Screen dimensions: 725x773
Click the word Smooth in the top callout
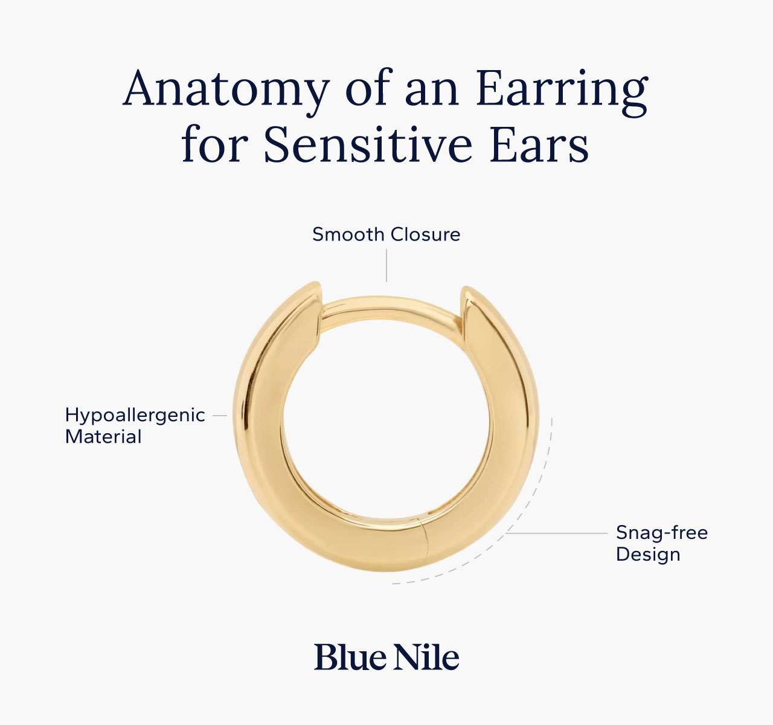click(348, 234)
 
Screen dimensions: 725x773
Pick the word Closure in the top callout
click(425, 234)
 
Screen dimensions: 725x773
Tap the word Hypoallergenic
click(135, 416)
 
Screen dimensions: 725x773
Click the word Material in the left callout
click(103, 437)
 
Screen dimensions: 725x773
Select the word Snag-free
click(661, 533)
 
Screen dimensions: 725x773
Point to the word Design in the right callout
click(647, 554)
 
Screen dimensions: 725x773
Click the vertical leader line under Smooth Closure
click(386, 266)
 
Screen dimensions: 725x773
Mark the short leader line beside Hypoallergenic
click(220, 416)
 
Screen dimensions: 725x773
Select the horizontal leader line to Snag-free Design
click(556, 533)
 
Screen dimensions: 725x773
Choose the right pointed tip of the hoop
click(466, 291)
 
